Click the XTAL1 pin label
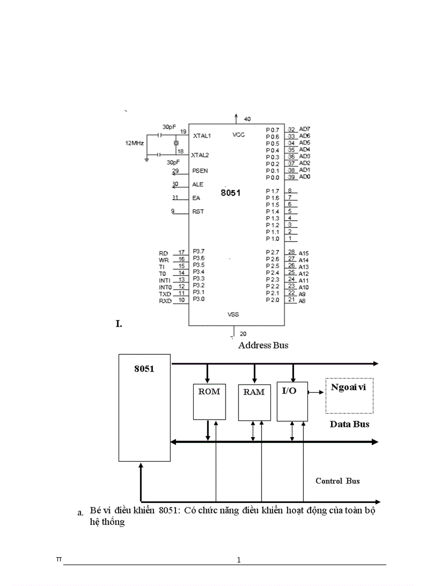[202, 136]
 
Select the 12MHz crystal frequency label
[135, 142]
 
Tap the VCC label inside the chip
[239, 135]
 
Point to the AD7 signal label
[305, 129]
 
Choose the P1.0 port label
[272, 239]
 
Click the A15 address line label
[304, 253]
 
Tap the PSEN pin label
[200, 171]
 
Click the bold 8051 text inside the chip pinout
[230, 192]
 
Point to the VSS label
[233, 315]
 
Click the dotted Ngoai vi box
[349, 396]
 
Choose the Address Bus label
[263, 345]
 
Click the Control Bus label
[337, 481]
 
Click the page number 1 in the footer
[239, 560]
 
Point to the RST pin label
[198, 212]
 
